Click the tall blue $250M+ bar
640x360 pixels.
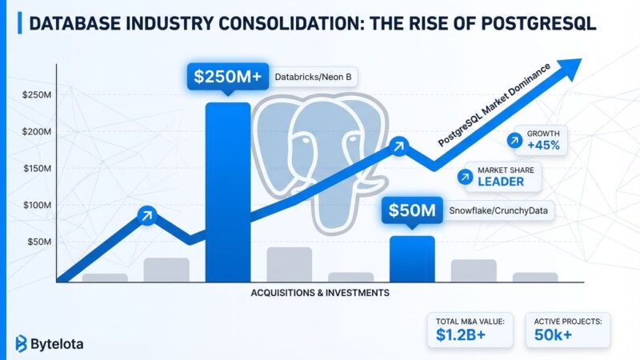click(228, 192)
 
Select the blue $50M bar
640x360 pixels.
click(412, 258)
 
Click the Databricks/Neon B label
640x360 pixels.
click(313, 77)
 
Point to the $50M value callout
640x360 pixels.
click(412, 211)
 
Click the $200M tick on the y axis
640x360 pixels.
click(38, 131)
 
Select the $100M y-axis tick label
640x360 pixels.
click(38, 205)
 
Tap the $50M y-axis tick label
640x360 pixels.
click(40, 242)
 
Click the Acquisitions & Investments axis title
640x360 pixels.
click(319, 293)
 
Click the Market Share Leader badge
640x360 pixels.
click(500, 177)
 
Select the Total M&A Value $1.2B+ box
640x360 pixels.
click(471, 330)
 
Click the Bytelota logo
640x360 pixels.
click(50, 344)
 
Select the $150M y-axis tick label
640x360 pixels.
click(38, 168)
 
